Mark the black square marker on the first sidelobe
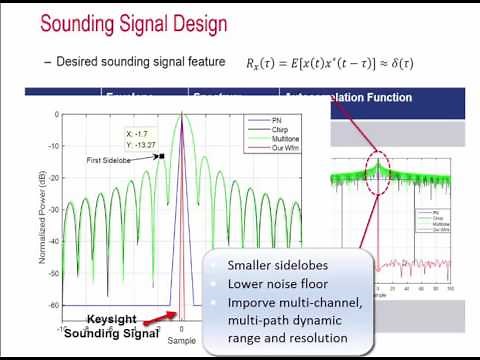coord(159,155)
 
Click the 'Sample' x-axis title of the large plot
coord(181,341)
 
